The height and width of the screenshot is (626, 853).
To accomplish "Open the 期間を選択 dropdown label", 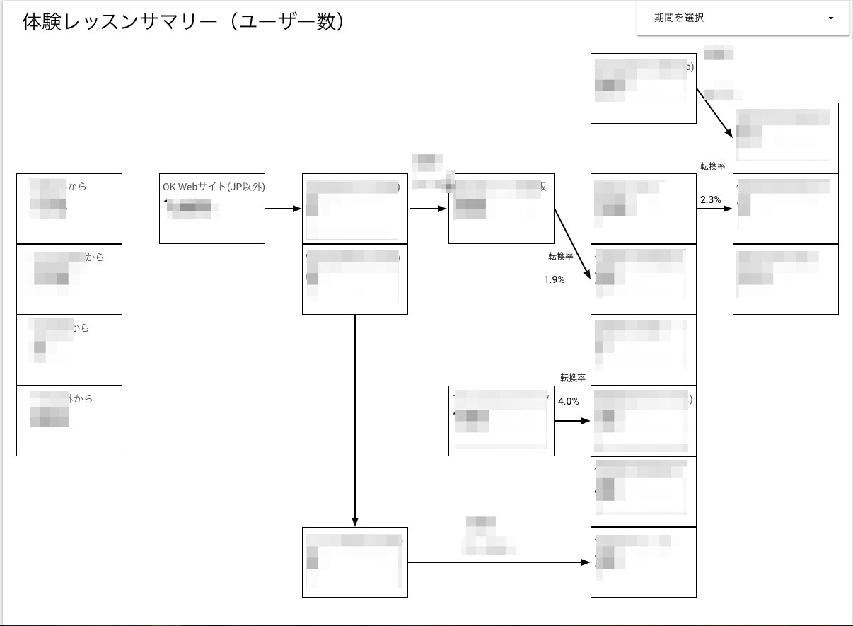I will tap(679, 18).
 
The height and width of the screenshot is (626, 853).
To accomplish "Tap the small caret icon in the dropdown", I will tap(830, 18).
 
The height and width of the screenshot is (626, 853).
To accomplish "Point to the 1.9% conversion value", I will tap(554, 279).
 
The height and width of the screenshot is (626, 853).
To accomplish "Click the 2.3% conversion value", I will tap(710, 200).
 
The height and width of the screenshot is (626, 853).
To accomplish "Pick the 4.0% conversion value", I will tap(568, 401).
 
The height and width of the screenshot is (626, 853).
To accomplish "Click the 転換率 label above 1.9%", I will tap(560, 256).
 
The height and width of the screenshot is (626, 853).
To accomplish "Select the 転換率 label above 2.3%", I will tap(713, 166).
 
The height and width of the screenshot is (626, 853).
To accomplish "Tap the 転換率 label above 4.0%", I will tap(573, 378).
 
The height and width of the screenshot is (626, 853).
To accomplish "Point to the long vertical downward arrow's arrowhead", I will tap(354, 521).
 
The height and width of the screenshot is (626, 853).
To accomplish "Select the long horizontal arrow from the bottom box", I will tap(499, 562).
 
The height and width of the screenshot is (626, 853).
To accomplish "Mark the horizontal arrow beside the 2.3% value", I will tap(714, 209).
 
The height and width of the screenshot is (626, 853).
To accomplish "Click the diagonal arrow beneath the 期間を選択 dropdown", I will tap(714, 113).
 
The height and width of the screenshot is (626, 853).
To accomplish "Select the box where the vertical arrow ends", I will tap(354, 562).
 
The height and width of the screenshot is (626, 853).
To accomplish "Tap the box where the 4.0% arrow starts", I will tap(501, 420).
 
